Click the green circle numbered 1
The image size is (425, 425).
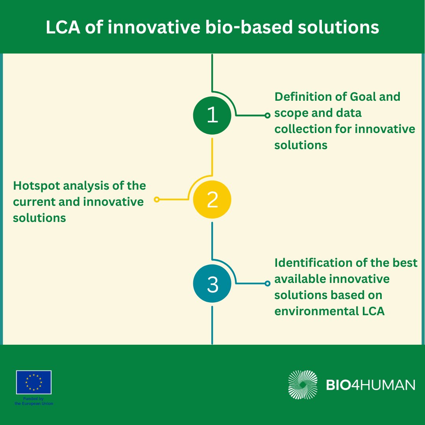212,116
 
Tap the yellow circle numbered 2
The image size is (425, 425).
212,200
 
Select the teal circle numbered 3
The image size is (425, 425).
212,284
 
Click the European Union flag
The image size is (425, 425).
34,382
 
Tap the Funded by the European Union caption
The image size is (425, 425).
34,401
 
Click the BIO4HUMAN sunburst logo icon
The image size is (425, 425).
303,384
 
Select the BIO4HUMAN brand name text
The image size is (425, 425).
371,385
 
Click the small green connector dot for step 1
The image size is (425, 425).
268,116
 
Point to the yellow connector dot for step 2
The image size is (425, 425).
157,200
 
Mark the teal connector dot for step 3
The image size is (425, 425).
268,283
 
